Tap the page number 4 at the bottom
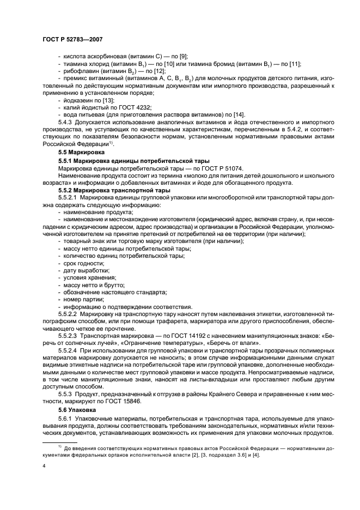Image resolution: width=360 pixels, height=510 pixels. click(x=44, y=466)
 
